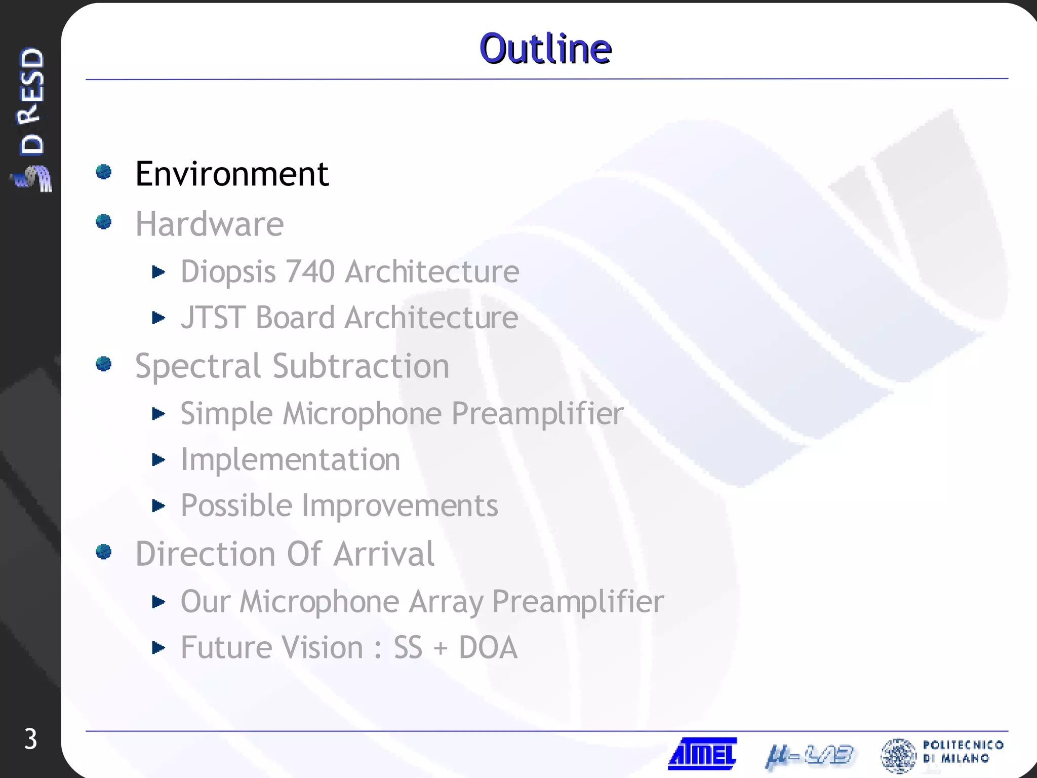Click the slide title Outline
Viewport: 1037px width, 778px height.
tap(545, 49)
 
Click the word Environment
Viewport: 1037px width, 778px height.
tap(232, 174)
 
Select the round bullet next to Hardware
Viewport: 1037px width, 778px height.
tap(104, 221)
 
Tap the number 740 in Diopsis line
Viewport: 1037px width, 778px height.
tap(310, 271)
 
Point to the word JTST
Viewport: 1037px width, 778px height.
tap(213, 318)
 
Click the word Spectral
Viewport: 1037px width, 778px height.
tap(198, 366)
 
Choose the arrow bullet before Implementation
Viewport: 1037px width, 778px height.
tap(158, 460)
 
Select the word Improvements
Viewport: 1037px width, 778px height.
tap(400, 506)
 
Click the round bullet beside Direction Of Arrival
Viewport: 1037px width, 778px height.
tap(104, 552)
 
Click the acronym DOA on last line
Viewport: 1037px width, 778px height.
tap(488, 647)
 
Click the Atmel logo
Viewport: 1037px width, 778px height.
tap(702, 754)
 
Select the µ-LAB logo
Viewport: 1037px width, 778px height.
tap(809, 756)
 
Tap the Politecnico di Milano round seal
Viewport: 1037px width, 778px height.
tap(898, 755)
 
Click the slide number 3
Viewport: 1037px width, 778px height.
tap(30, 739)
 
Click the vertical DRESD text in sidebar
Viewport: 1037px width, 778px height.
tap(32, 101)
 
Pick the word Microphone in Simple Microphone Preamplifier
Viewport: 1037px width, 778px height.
tap(362, 414)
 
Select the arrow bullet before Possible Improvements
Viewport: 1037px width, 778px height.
tap(158, 505)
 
